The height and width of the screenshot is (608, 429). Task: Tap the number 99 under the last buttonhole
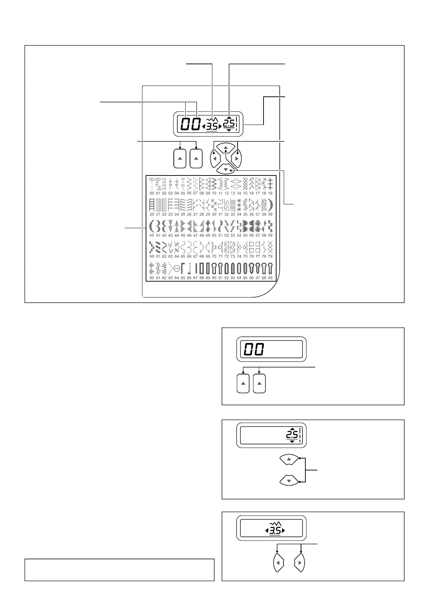point(270,278)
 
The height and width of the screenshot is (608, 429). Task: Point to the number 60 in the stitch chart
point(152,257)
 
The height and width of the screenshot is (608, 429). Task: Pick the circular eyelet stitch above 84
point(177,269)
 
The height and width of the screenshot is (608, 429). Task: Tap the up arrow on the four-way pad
point(226,148)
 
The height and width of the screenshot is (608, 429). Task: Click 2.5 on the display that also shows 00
point(229,124)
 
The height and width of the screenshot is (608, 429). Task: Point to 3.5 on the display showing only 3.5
point(275,531)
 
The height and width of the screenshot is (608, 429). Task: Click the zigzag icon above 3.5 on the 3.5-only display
point(275,523)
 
